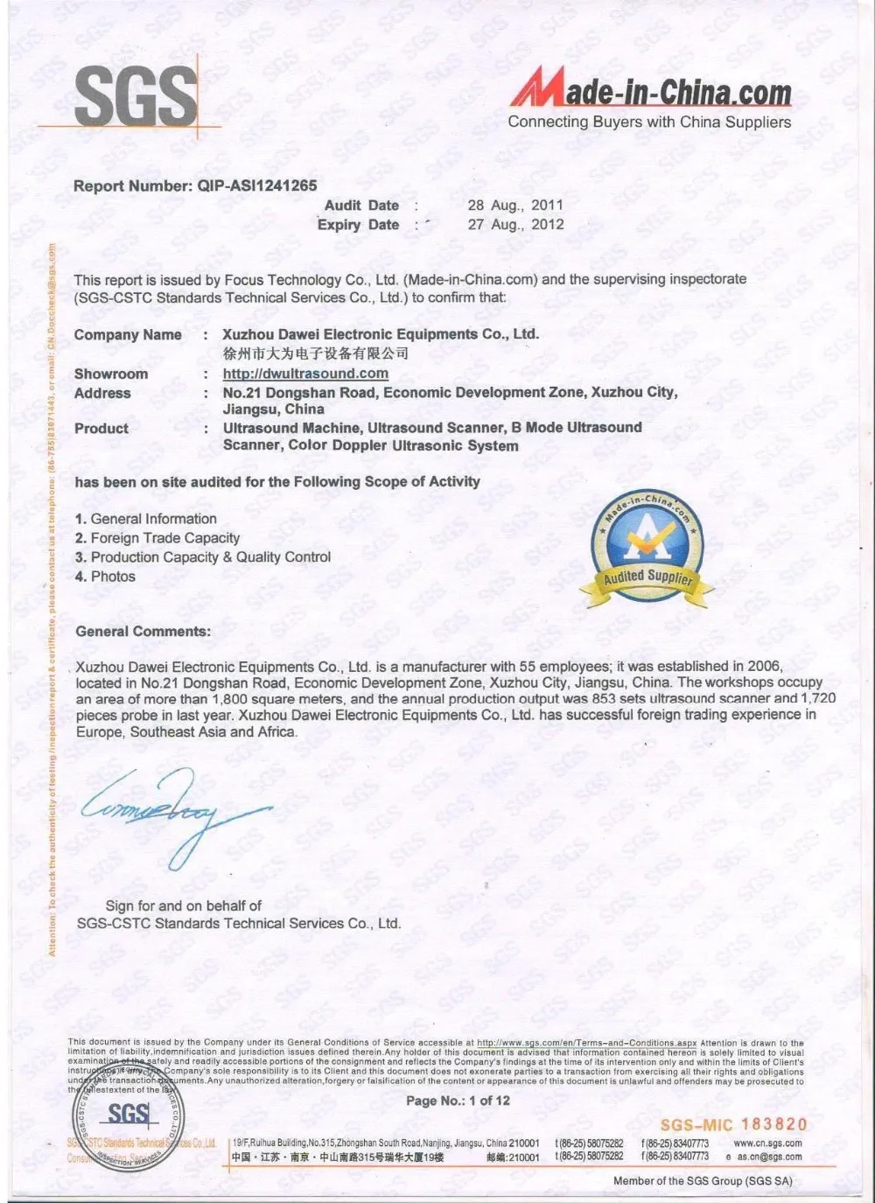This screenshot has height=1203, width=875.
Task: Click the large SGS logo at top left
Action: pos(136,96)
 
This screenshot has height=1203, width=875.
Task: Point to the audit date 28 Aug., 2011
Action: pos(515,206)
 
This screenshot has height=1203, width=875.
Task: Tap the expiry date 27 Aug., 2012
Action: pos(515,225)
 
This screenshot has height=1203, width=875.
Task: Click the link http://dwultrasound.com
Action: pos(305,374)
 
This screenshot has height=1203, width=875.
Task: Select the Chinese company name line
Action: pos(315,353)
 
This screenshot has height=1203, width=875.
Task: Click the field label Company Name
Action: pos(128,335)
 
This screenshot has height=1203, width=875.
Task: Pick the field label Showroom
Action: pos(111,374)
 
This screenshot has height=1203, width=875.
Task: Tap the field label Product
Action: pos(101,429)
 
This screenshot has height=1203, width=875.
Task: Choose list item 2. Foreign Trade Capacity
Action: pos(157,538)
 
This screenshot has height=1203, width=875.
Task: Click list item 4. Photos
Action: pos(106,577)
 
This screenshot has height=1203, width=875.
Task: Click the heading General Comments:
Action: pos(143,632)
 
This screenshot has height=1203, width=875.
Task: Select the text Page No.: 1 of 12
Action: pos(458,1101)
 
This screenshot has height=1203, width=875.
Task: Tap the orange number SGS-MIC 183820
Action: pos(733,1125)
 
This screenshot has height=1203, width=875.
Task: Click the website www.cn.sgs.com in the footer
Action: pos(767,1144)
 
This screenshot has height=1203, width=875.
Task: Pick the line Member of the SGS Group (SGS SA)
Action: pos(703,1181)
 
